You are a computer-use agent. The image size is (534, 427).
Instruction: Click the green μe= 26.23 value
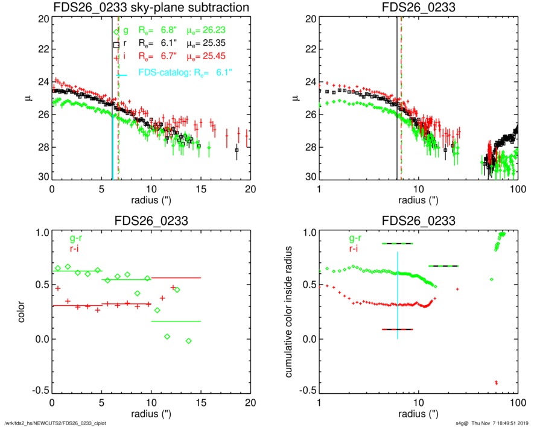pos(211,30)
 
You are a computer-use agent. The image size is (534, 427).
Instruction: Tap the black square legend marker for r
pos(116,45)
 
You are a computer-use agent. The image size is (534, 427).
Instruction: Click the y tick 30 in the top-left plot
pos(42,177)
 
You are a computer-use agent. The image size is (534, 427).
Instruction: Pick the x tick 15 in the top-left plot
pos(202,189)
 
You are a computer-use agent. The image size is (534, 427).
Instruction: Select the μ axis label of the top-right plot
pos(296,98)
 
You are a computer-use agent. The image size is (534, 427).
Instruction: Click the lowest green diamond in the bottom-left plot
pos(189,341)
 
